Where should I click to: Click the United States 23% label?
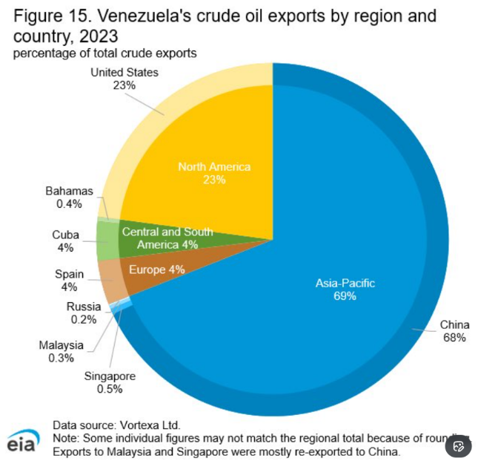tap(125, 79)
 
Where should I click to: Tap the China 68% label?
tap(454, 331)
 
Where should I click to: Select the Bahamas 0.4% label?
tap(69, 197)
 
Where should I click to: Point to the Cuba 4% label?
tap(65, 241)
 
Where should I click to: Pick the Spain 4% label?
tap(69, 281)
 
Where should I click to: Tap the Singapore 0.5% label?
tap(110, 382)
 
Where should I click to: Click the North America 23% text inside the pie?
tap(214, 173)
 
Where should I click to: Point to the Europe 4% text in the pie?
tap(156, 269)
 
